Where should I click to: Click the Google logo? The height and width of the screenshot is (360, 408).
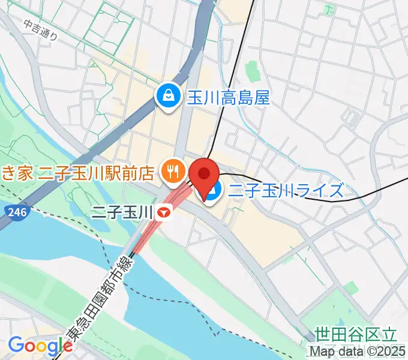(40, 346)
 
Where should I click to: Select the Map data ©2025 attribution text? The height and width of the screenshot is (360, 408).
(358, 352)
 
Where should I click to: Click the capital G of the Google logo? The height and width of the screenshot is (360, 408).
(16, 346)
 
